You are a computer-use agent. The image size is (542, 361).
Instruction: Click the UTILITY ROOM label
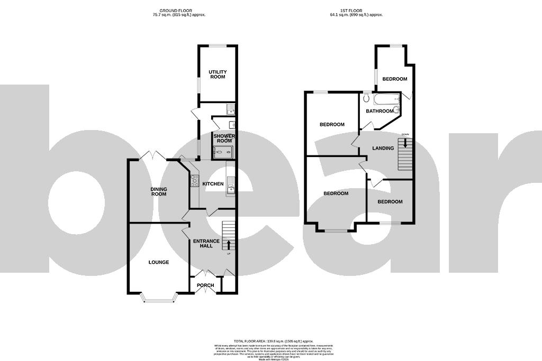coord(217,74)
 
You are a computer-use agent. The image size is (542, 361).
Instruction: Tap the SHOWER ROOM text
coord(223,138)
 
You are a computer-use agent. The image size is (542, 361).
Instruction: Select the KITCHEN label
coord(213,184)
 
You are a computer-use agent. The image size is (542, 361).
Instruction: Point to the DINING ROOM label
coord(158,191)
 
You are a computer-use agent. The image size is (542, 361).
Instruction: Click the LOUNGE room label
coord(158,262)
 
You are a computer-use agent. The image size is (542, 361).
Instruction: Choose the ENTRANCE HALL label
coord(206,244)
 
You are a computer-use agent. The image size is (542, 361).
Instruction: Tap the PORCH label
coord(205,285)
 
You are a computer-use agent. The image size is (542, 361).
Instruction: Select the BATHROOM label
coord(380,111)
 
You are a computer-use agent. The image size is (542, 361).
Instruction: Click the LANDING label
coord(383,148)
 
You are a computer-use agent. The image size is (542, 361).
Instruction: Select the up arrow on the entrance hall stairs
coord(229,244)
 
